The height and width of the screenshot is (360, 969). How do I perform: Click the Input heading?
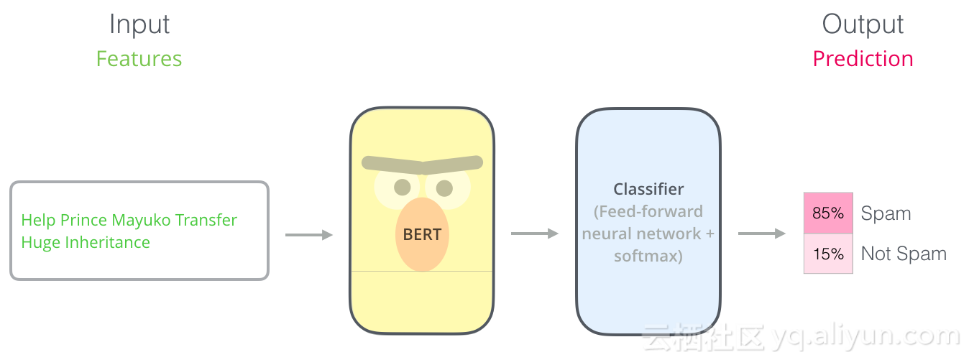tap(139, 24)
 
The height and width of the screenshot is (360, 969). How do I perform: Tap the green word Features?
tap(139, 59)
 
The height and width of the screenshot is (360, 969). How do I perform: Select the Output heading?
tap(863, 24)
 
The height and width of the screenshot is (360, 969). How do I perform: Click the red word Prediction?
tap(863, 59)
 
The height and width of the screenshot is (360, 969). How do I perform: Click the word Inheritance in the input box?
tap(108, 243)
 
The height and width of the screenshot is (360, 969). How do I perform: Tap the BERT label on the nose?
tap(422, 234)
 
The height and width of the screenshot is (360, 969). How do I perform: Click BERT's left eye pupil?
tap(403, 188)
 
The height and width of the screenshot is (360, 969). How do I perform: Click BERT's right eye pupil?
tap(444, 188)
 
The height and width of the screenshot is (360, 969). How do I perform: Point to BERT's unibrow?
tap(422, 165)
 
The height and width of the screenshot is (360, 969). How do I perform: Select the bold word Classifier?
tap(648, 190)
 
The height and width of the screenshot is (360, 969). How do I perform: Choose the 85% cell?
tap(828, 213)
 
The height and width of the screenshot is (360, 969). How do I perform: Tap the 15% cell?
tap(828, 254)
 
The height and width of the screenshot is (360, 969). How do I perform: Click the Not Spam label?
tap(904, 254)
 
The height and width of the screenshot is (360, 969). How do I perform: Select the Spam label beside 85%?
tap(886, 213)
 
